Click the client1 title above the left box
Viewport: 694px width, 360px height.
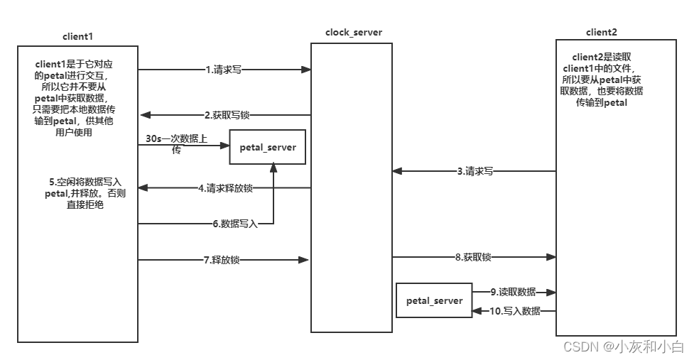pos(78,35)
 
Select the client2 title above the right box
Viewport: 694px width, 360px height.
pos(602,32)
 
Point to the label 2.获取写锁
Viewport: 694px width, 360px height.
pos(227,114)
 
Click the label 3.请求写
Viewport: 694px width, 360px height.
pos(475,171)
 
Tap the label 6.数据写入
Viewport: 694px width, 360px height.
pos(235,224)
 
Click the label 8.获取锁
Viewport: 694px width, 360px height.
pos(472,257)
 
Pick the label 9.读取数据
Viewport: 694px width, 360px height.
pos(513,292)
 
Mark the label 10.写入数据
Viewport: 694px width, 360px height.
pos(515,311)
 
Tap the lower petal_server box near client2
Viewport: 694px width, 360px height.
pos(434,301)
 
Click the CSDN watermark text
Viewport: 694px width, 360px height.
pos(623,347)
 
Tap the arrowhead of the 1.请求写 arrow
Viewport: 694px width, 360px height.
pos(307,70)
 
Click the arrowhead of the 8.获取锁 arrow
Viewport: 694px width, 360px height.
pos(551,257)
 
